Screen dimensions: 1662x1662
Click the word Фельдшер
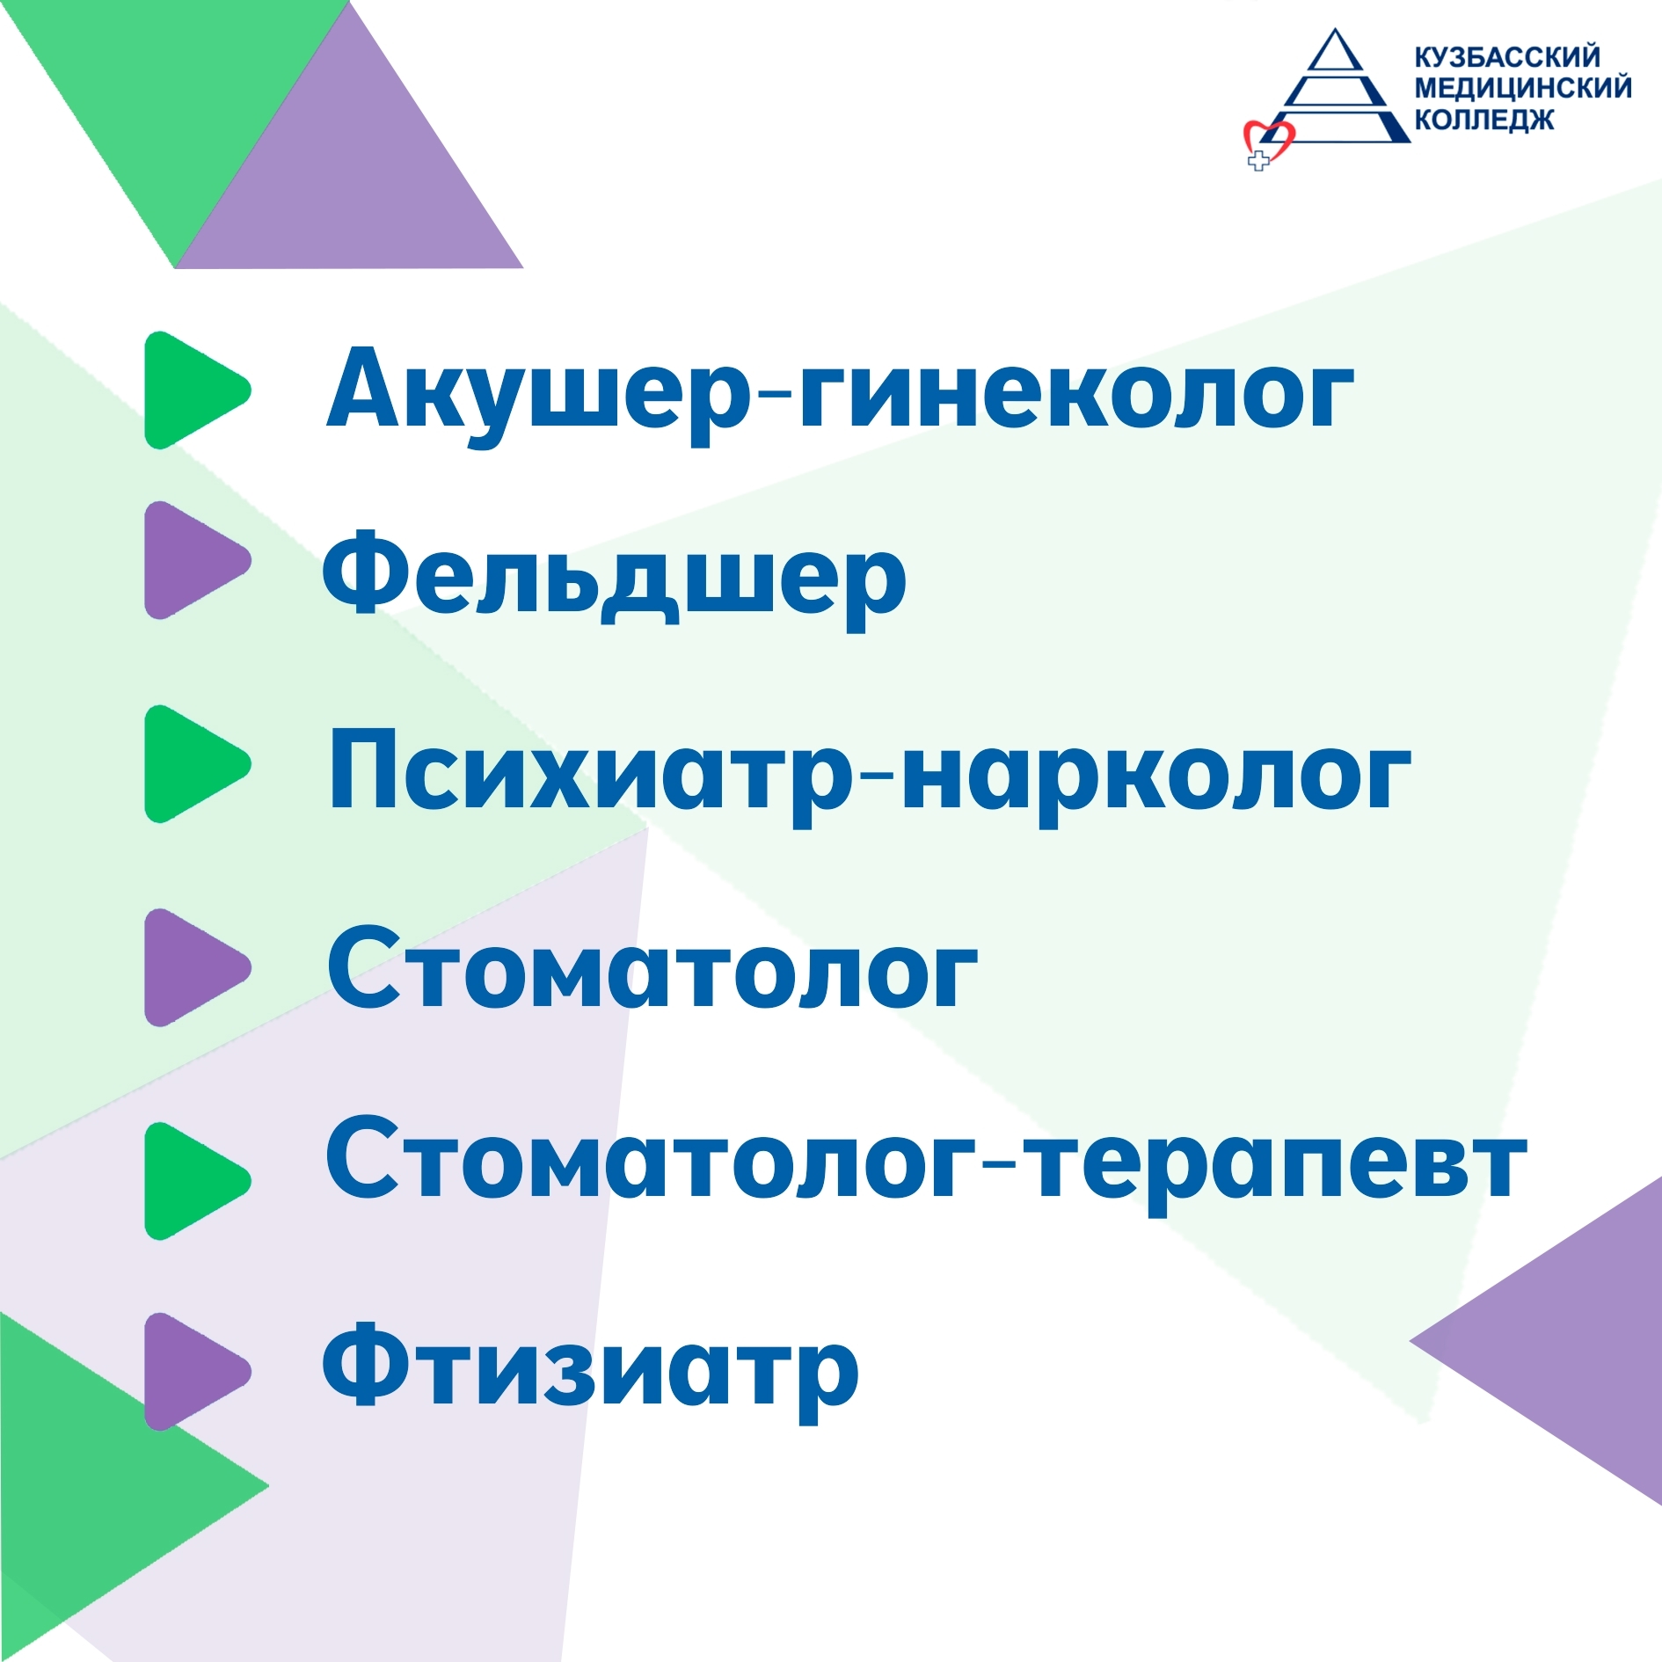[614, 578]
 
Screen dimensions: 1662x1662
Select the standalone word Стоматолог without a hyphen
[652, 966]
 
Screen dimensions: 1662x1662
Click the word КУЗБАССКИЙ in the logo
[1507, 57]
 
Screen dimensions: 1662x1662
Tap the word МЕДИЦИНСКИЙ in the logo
[1523, 88]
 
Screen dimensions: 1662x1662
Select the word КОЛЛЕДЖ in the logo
[1483, 119]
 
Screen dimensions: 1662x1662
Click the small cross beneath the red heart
[1258, 161]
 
